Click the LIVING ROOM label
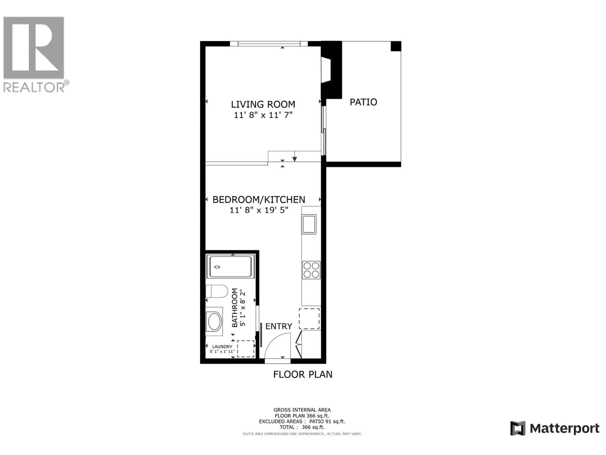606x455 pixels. [263, 104]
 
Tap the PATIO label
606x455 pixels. [363, 102]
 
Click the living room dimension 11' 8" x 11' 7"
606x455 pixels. [263, 115]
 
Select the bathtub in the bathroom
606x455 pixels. [230, 266]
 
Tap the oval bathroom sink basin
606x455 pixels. [214, 322]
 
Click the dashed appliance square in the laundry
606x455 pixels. [246, 349]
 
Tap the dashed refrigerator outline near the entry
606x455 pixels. [309, 319]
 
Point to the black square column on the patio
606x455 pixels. [396, 46]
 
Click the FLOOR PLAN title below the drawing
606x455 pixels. [303, 374]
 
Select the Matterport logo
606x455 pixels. [555, 428]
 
